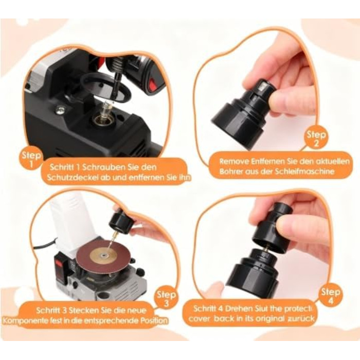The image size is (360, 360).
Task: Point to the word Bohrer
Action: click(x=227, y=171)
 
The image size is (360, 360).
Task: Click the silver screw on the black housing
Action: click(x=61, y=109)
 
